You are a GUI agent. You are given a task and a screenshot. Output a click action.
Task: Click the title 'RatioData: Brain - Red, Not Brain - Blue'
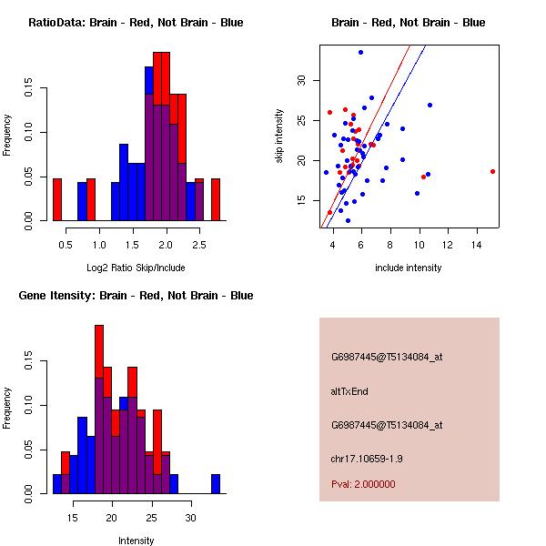point(136,22)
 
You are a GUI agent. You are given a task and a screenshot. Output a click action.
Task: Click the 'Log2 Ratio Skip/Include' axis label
point(136,268)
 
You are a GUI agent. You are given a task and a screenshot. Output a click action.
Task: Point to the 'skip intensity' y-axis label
point(280,136)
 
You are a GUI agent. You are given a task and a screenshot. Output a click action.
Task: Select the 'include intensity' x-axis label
point(409,268)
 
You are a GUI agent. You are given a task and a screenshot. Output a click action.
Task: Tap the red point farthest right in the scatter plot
point(492,171)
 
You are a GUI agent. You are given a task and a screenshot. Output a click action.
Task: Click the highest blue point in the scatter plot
point(361,52)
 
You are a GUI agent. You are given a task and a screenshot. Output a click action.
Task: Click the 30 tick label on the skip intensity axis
point(303,80)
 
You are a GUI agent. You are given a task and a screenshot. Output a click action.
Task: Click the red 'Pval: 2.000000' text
point(363,484)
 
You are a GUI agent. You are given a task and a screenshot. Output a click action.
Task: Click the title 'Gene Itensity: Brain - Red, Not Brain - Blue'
point(136,295)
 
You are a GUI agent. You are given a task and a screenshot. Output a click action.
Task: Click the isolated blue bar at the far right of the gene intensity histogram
point(216,483)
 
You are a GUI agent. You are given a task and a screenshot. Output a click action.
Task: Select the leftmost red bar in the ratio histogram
point(57,199)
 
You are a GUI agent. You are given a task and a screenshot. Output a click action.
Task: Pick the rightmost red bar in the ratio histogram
point(216,199)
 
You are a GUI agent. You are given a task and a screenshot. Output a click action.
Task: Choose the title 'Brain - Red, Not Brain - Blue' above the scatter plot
point(409,22)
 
